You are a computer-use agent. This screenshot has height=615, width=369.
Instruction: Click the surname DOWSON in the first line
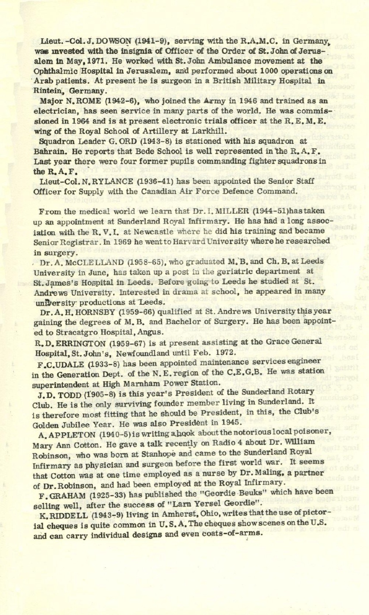click(x=115, y=42)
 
